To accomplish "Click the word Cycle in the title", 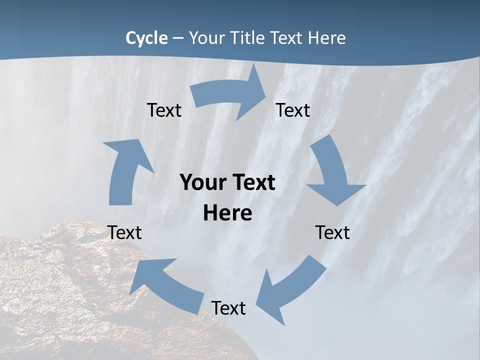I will pyautogui.click(x=146, y=38).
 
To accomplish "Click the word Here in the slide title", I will pyautogui.click(x=327, y=38).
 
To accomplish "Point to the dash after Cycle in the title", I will pyautogui.click(x=178, y=38).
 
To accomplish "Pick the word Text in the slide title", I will pyautogui.click(x=286, y=38).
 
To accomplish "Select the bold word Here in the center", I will pyautogui.click(x=227, y=213).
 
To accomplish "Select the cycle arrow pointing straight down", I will pyautogui.click(x=332, y=170).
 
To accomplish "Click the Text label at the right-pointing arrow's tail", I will pyautogui.click(x=164, y=110).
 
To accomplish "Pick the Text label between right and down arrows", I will pyautogui.click(x=293, y=110).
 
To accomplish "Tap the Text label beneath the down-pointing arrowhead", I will pyautogui.click(x=332, y=232).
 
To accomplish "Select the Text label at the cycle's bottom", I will pyautogui.click(x=228, y=308).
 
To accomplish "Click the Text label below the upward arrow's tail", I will pyautogui.click(x=124, y=232).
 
